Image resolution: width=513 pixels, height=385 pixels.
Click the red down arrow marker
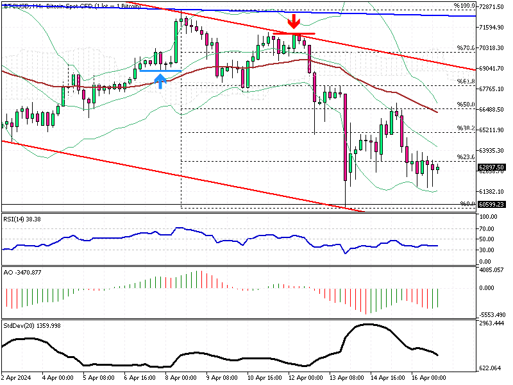(x=294, y=22)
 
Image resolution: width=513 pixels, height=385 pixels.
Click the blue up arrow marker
(x=160, y=80)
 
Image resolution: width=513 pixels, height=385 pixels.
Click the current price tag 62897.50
(x=492, y=166)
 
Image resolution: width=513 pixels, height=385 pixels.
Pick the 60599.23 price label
(x=492, y=204)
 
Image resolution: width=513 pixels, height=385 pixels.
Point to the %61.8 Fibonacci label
(x=465, y=81)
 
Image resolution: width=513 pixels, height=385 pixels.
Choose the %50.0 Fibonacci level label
(x=465, y=104)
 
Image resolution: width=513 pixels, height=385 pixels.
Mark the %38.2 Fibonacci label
(x=465, y=128)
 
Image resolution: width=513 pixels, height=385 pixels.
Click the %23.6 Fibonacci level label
(x=465, y=157)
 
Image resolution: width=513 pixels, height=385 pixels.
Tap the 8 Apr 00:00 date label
(x=180, y=377)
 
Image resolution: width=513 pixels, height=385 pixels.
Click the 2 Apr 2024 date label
(x=16, y=377)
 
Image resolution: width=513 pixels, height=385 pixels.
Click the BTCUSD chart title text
(x=71, y=6)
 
